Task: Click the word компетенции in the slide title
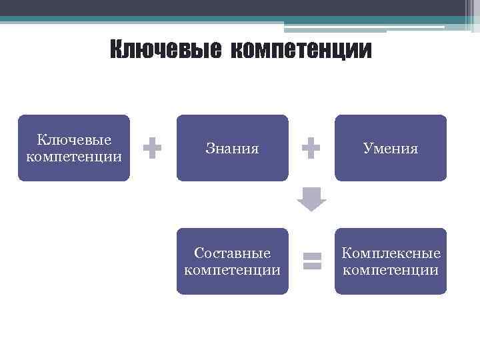(x=301, y=49)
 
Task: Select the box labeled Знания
(x=232, y=148)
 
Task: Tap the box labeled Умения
(x=391, y=148)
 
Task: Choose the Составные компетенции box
(x=232, y=261)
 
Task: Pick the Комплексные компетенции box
(x=391, y=261)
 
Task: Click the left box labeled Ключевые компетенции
(x=74, y=148)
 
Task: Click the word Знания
(x=232, y=149)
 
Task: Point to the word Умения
(x=391, y=149)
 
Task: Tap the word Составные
(x=232, y=253)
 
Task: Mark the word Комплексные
(x=391, y=253)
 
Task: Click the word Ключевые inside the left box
(x=74, y=140)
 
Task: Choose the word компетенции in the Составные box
(x=232, y=270)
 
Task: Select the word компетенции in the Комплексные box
(x=391, y=270)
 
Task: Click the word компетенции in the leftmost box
(x=74, y=157)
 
